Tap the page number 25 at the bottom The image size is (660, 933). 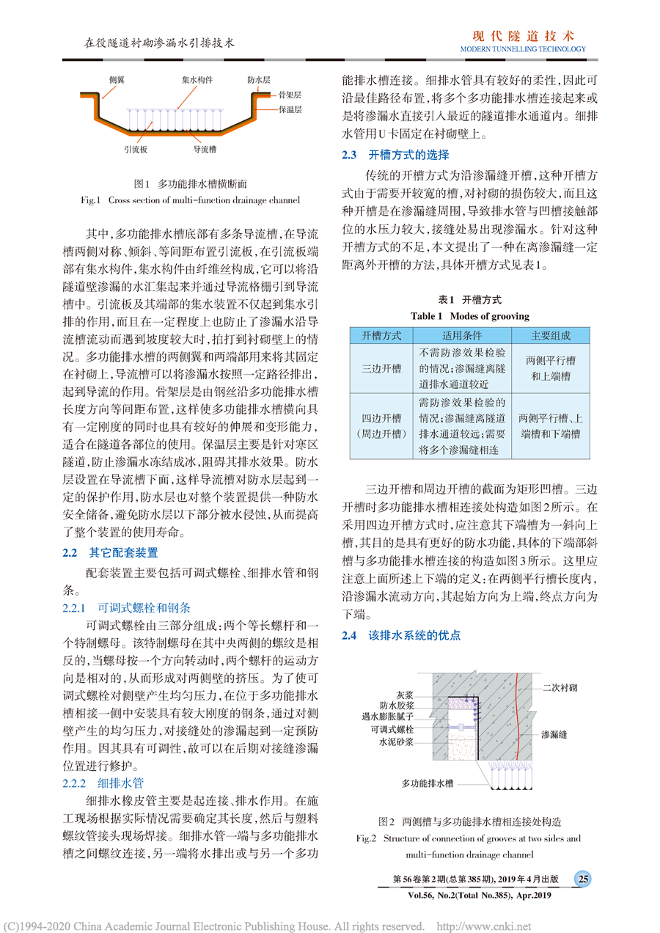(x=583, y=879)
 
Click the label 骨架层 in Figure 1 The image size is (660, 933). (x=290, y=95)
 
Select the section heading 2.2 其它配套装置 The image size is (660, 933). (x=110, y=552)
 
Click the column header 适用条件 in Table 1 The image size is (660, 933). (x=461, y=335)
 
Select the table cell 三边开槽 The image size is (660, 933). (x=382, y=367)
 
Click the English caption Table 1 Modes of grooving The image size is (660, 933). (x=469, y=316)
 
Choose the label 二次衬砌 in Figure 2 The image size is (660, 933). (x=560, y=688)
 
